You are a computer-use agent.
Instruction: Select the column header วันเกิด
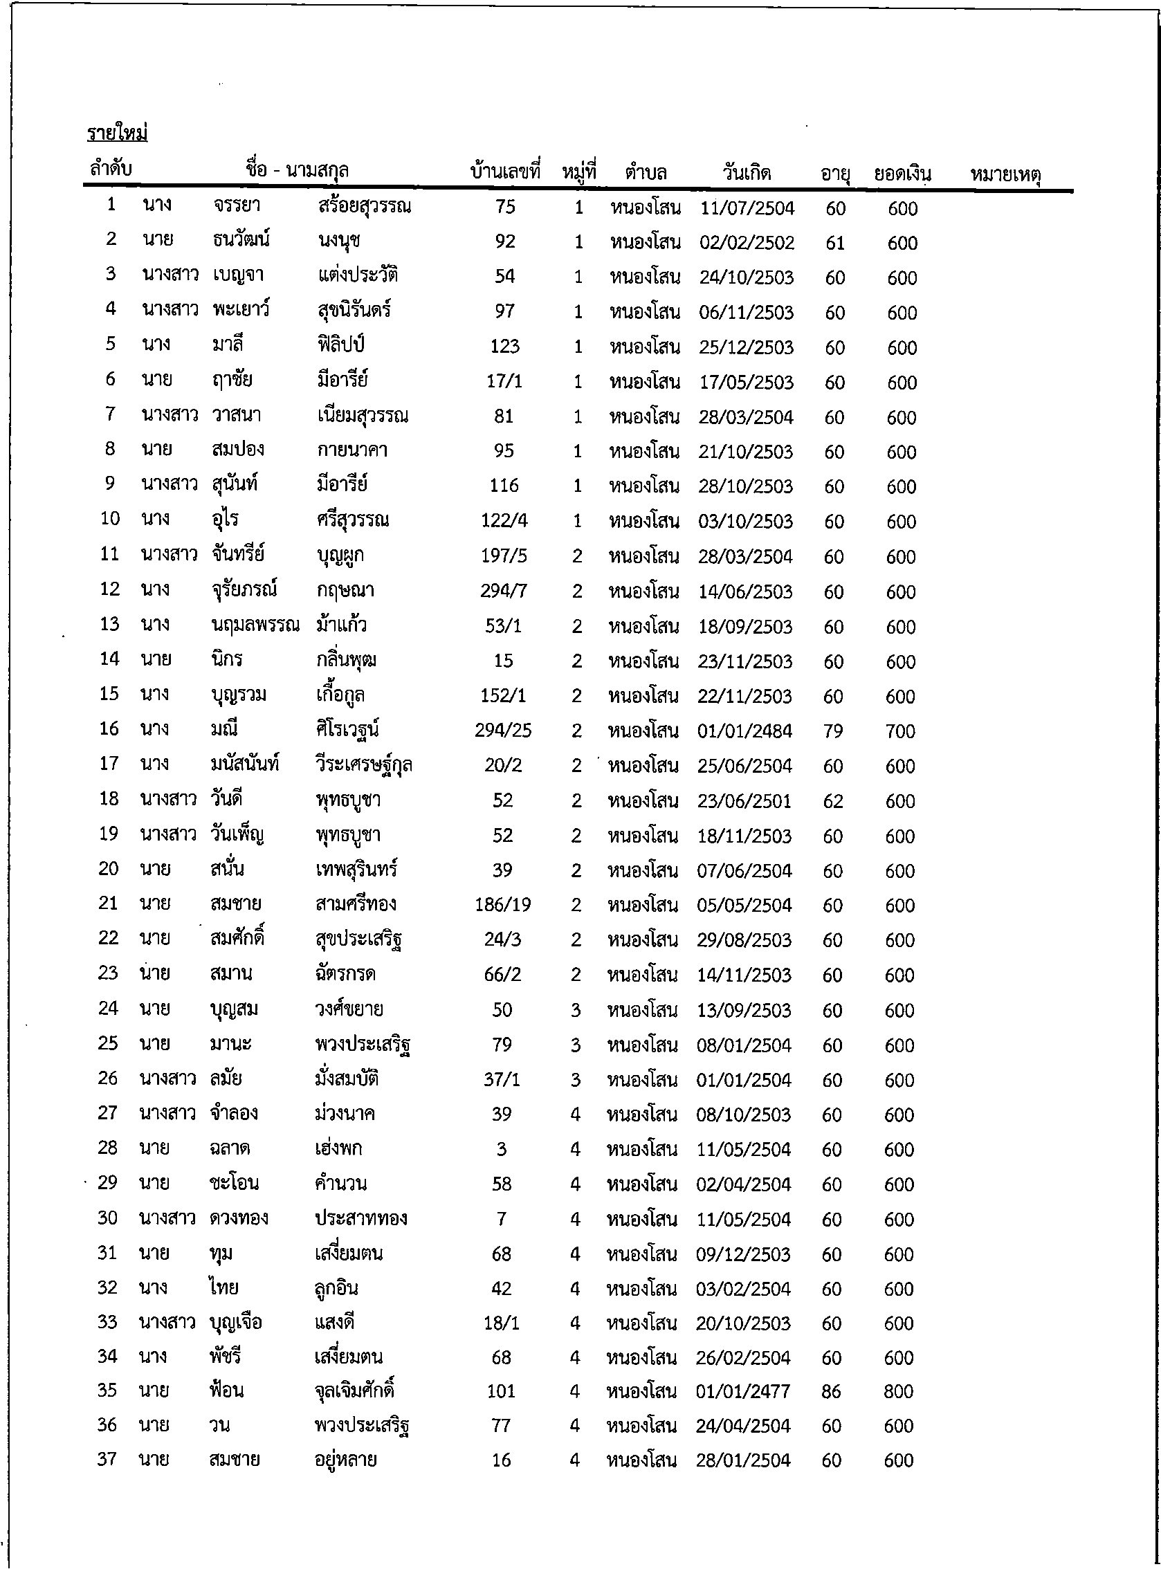click(x=747, y=172)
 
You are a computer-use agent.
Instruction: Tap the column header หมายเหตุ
click(x=1005, y=174)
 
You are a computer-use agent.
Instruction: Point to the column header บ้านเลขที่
click(x=505, y=171)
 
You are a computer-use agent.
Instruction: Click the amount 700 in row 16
click(x=900, y=731)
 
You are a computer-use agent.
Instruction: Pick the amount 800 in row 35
click(x=898, y=1391)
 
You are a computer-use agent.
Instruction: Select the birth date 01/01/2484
click(x=745, y=731)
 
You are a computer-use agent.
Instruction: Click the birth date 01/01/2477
click(x=743, y=1391)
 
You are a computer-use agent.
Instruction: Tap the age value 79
click(x=833, y=731)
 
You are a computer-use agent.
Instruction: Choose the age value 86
click(x=831, y=1391)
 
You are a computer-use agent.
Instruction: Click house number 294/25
click(x=503, y=731)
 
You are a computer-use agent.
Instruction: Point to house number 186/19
click(x=502, y=905)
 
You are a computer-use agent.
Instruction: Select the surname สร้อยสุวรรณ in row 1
click(x=364, y=207)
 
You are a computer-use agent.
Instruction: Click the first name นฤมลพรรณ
click(x=255, y=625)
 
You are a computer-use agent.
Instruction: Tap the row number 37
click(x=107, y=1460)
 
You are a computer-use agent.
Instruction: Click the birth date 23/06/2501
click(x=744, y=801)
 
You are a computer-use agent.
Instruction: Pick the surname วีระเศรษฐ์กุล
click(x=363, y=765)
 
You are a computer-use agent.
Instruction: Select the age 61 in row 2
click(x=835, y=243)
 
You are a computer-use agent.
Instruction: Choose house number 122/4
click(x=504, y=521)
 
